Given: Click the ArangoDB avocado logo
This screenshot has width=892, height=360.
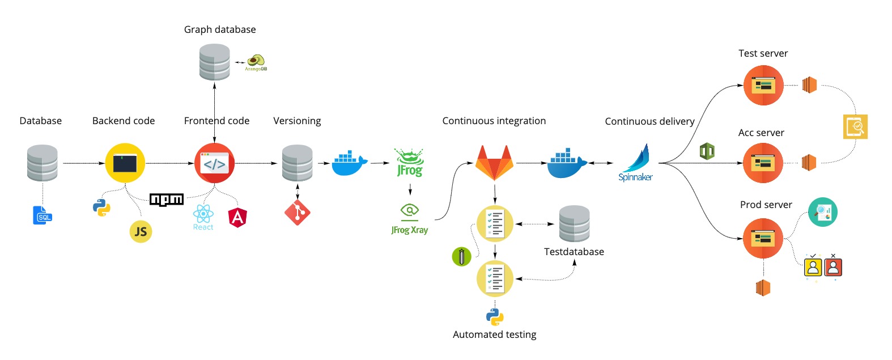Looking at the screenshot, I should pyautogui.click(x=256, y=62).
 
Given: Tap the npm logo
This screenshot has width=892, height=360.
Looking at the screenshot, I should pyautogui.click(x=167, y=199).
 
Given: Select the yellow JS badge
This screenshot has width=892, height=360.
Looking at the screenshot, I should pyautogui.click(x=141, y=231).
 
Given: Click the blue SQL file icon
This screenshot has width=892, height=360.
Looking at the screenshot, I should pyautogui.click(x=43, y=215).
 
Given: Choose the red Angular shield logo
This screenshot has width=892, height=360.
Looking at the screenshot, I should pyautogui.click(x=237, y=217).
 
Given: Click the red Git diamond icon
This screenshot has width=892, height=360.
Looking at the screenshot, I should pyautogui.click(x=298, y=213).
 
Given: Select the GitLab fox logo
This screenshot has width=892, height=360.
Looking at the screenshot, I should pyautogui.click(x=494, y=163).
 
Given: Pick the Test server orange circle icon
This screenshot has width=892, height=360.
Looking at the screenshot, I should pyautogui.click(x=763, y=86).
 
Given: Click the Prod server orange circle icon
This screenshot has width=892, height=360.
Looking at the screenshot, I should pyautogui.click(x=763, y=239).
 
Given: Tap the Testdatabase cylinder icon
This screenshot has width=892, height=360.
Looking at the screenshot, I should pyautogui.click(x=574, y=223).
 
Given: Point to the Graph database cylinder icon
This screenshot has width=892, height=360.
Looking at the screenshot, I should pyautogui.click(x=215, y=62).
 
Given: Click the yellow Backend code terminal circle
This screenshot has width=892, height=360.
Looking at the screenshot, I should pyautogui.click(x=125, y=163).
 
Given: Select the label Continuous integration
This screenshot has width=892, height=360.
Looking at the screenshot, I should pyautogui.click(x=494, y=121).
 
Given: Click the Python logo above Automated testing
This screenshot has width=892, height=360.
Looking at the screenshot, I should pyautogui.click(x=495, y=316).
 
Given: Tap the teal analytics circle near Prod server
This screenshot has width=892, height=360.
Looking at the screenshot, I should pyautogui.click(x=822, y=212).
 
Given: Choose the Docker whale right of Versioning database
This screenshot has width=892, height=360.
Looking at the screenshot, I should pyautogui.click(x=350, y=163).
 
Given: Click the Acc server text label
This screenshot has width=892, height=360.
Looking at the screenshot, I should pyautogui.click(x=761, y=133).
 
